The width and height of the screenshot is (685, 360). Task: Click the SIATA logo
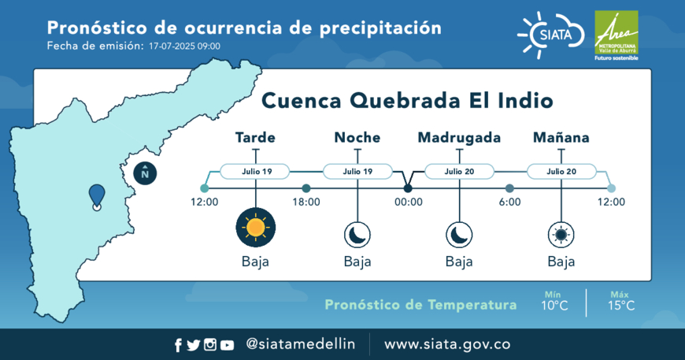pyautogui.click(x=551, y=35)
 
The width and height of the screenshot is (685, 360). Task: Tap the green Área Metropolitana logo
pyautogui.click(x=616, y=35)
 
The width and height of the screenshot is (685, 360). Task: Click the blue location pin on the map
pyautogui.click(x=97, y=197)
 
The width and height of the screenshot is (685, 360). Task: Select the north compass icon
pyautogui.click(x=145, y=173)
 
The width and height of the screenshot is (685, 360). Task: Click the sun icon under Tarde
pyautogui.click(x=256, y=227)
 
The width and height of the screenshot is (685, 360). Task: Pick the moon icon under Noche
pyautogui.click(x=357, y=235)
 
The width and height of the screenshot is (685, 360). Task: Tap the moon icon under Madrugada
pyautogui.click(x=459, y=235)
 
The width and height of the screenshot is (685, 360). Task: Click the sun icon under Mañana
pyautogui.click(x=561, y=235)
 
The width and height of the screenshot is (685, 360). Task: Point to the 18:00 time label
pyautogui.click(x=306, y=202)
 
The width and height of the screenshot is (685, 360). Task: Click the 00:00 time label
pyautogui.click(x=409, y=202)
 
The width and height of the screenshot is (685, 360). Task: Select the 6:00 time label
pyautogui.click(x=510, y=202)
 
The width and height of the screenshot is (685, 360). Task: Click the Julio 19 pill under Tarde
pyautogui.click(x=255, y=171)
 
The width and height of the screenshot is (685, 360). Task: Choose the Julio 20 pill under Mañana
pyautogui.click(x=561, y=171)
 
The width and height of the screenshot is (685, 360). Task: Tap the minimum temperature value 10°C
pyautogui.click(x=554, y=306)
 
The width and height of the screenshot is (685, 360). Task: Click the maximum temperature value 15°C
pyautogui.click(x=621, y=306)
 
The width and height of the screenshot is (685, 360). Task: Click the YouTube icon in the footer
pyautogui.click(x=227, y=346)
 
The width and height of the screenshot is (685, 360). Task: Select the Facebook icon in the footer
pyautogui.click(x=178, y=346)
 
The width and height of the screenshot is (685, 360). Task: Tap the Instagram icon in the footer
pyautogui.click(x=210, y=345)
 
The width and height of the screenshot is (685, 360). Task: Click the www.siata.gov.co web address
pyautogui.click(x=447, y=344)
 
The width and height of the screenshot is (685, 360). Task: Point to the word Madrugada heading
pyautogui.click(x=459, y=138)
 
